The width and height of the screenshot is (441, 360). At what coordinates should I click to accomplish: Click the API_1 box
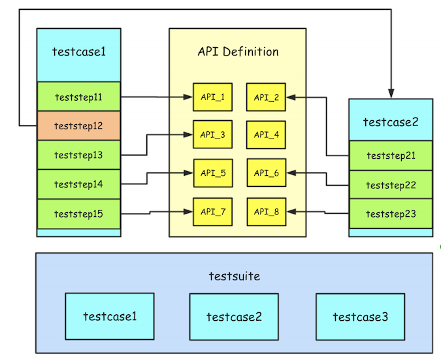click(212, 97)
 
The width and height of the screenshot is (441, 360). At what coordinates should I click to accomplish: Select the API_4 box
click(266, 135)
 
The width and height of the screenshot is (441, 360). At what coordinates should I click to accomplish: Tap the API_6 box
click(266, 172)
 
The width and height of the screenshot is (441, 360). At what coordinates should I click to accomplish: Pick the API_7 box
click(212, 211)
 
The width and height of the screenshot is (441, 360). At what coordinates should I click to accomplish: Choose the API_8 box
click(266, 211)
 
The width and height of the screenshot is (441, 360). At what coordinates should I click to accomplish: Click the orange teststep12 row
click(78, 125)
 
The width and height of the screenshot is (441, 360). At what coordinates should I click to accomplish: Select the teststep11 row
click(78, 97)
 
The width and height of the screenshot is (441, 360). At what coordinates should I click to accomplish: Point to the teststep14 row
click(78, 184)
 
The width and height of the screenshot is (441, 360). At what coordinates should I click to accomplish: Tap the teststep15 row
click(78, 213)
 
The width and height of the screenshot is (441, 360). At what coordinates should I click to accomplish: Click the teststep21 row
click(391, 155)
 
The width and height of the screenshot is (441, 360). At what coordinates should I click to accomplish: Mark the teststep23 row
click(391, 214)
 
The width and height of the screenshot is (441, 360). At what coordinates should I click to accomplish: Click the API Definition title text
click(238, 52)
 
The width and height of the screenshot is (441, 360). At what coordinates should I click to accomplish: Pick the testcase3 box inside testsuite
click(360, 316)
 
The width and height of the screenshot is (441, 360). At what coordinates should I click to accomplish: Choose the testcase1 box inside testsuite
click(110, 316)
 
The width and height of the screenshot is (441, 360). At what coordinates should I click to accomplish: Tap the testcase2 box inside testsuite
click(234, 316)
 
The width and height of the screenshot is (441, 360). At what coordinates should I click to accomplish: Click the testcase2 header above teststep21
click(391, 121)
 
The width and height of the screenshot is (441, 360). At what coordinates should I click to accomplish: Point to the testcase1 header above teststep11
click(78, 53)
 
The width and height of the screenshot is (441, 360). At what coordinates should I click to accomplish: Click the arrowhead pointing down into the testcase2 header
click(391, 93)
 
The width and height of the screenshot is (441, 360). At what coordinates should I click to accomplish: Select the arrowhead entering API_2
click(291, 97)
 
